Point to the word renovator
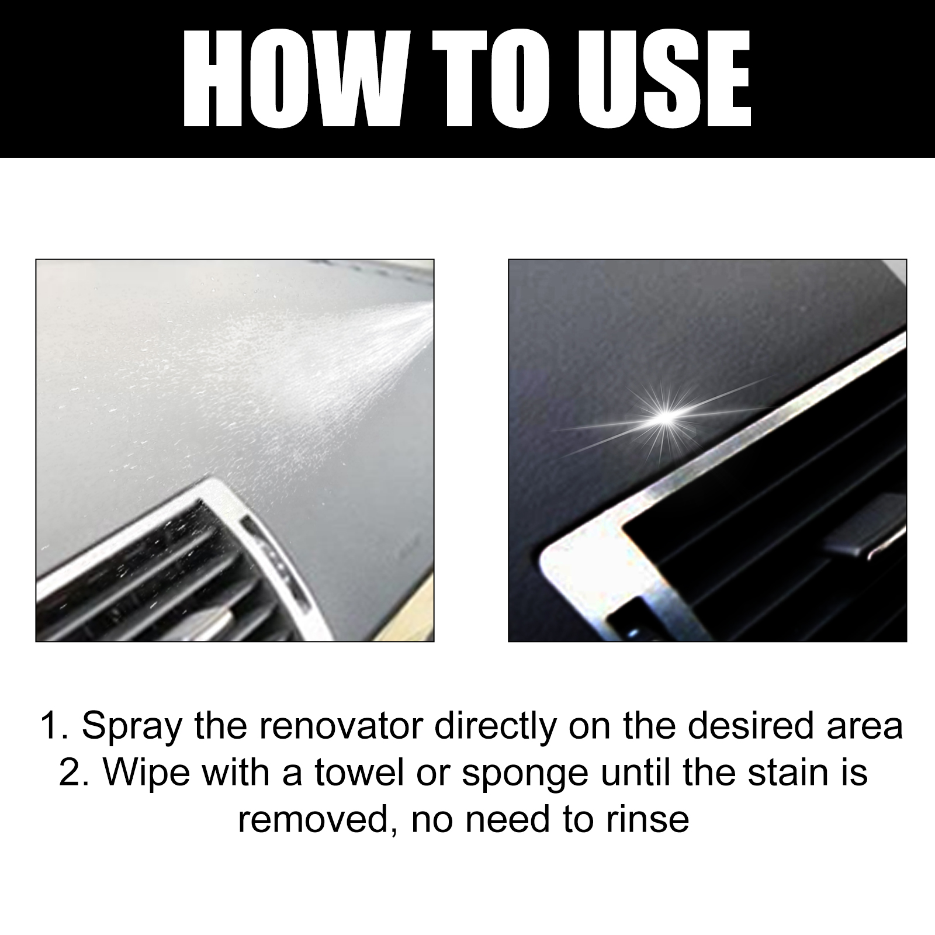pos(341,726)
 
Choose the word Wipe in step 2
pos(147,773)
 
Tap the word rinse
pos(647,819)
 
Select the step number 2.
pos(72,773)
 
